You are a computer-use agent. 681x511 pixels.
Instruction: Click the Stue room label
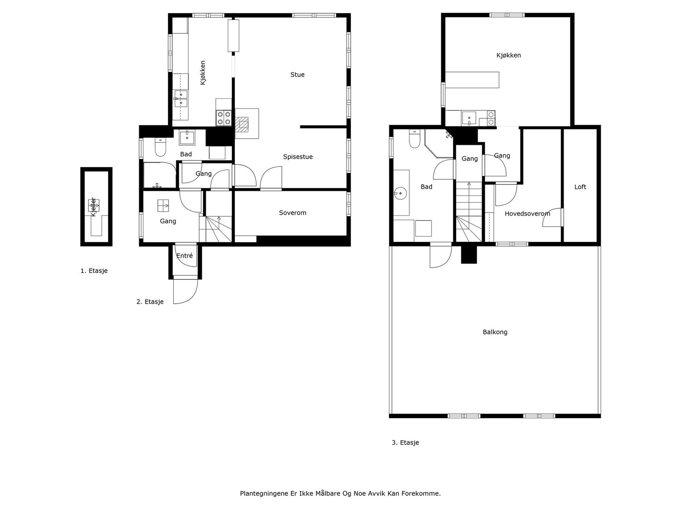click(x=297, y=75)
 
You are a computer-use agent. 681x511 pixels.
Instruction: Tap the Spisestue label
click(x=298, y=157)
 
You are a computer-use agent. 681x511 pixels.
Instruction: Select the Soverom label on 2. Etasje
click(x=292, y=212)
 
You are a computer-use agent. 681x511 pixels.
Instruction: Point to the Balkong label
click(x=495, y=332)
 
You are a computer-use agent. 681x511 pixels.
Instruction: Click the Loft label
click(x=580, y=187)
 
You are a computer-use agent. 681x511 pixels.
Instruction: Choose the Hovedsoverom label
click(x=527, y=213)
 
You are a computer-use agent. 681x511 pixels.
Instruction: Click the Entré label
click(x=185, y=255)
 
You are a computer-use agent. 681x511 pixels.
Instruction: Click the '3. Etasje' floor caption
click(x=405, y=442)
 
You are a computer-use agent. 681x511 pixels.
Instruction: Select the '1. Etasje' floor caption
click(x=94, y=270)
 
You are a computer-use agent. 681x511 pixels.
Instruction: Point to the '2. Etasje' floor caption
click(x=150, y=301)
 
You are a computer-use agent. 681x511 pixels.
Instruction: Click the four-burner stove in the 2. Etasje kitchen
click(x=224, y=118)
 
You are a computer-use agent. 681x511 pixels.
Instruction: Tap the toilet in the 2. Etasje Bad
click(x=160, y=147)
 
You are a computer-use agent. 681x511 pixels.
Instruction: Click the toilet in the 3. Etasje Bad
click(x=415, y=138)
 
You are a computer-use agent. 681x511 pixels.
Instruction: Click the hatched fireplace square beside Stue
click(x=242, y=124)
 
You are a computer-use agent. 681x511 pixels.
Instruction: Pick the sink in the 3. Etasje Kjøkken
click(x=469, y=118)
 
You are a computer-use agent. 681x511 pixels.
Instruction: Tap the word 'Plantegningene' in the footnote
click(x=264, y=493)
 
